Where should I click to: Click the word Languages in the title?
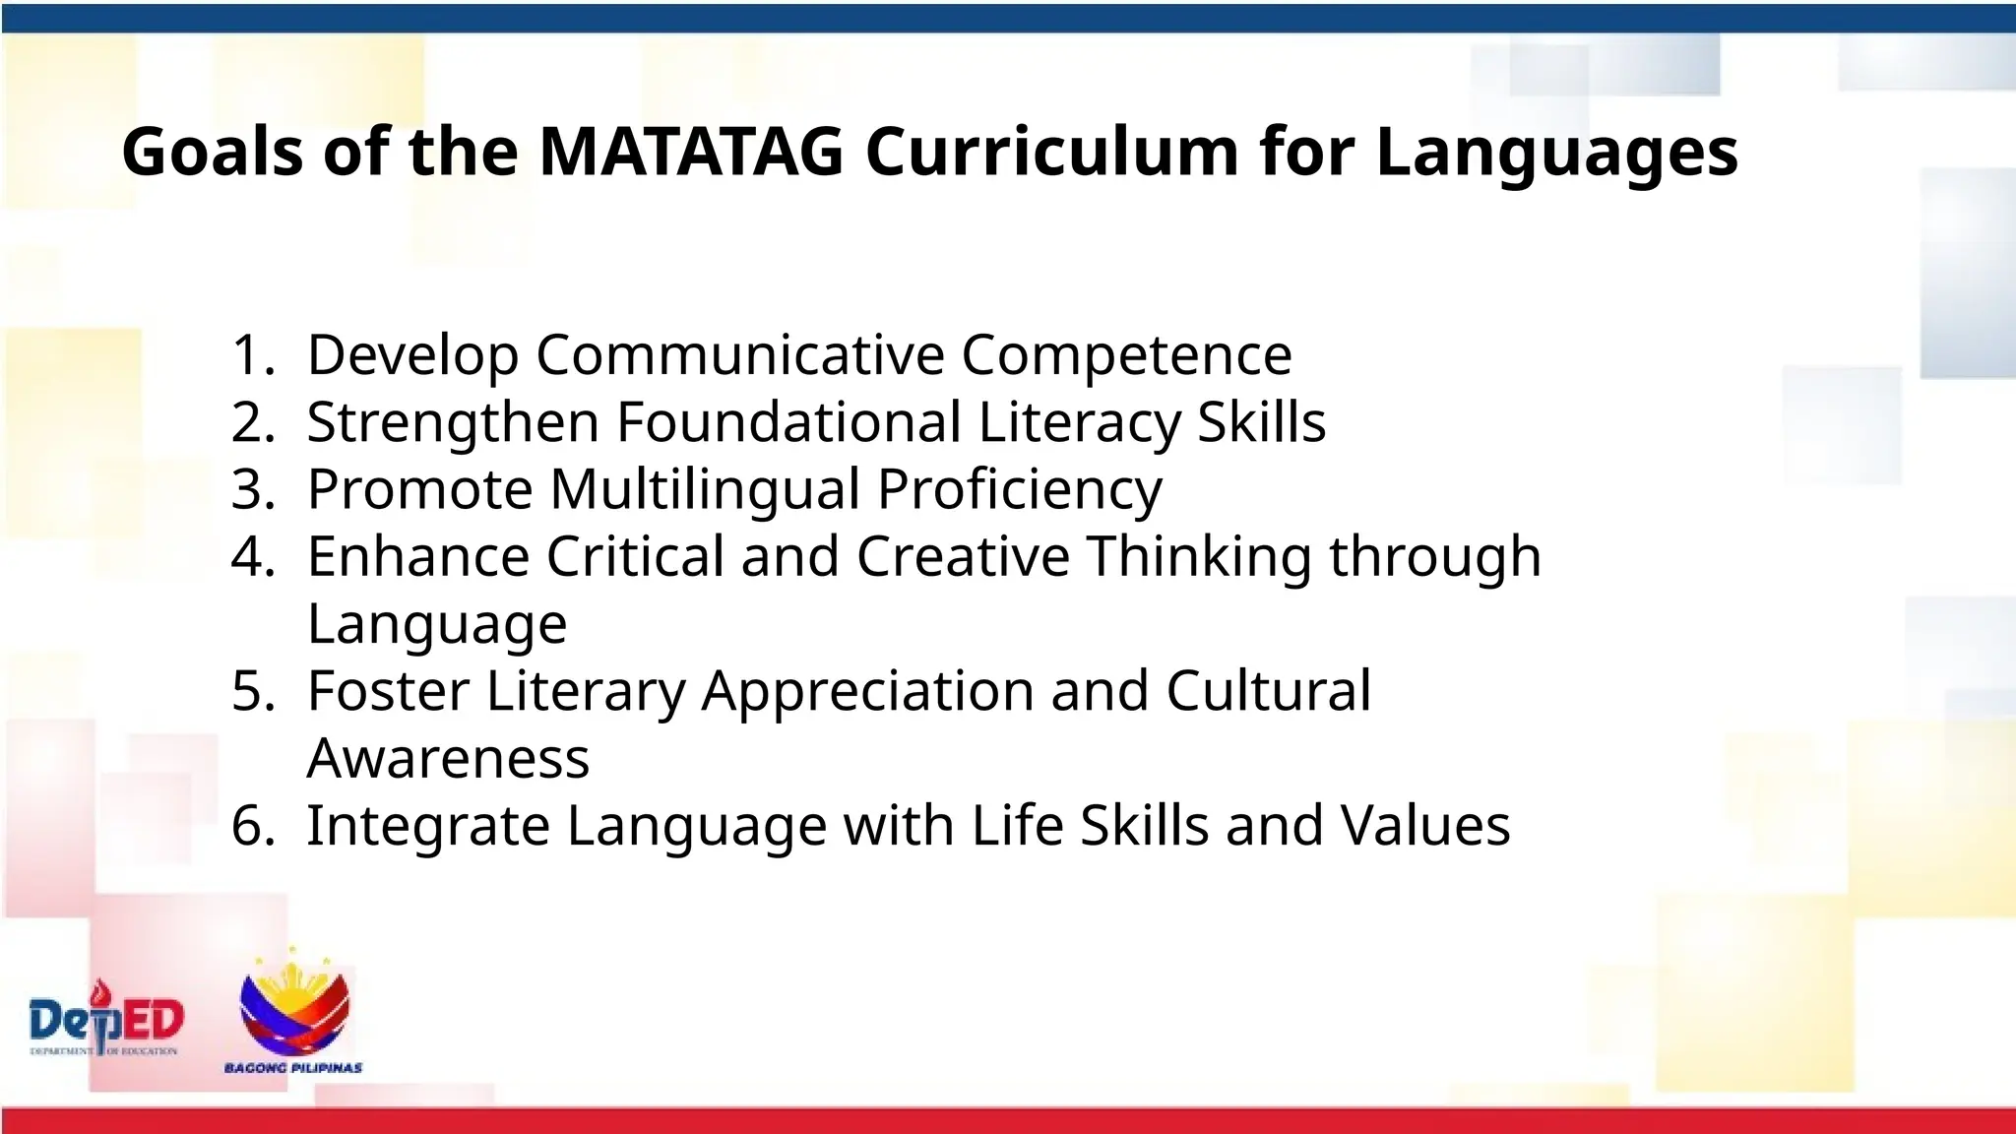coord(1556,154)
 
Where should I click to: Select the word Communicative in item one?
coord(740,355)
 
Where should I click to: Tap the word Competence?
coord(1126,355)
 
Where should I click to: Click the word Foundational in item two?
coord(788,422)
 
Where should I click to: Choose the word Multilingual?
coord(705,489)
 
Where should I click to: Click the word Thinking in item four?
coord(1199,558)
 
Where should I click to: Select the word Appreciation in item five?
coord(867,693)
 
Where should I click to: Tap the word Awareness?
coord(448,759)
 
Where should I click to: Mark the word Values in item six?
coord(1424,826)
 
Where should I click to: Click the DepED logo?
coord(106,1019)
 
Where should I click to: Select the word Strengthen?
coord(453,423)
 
